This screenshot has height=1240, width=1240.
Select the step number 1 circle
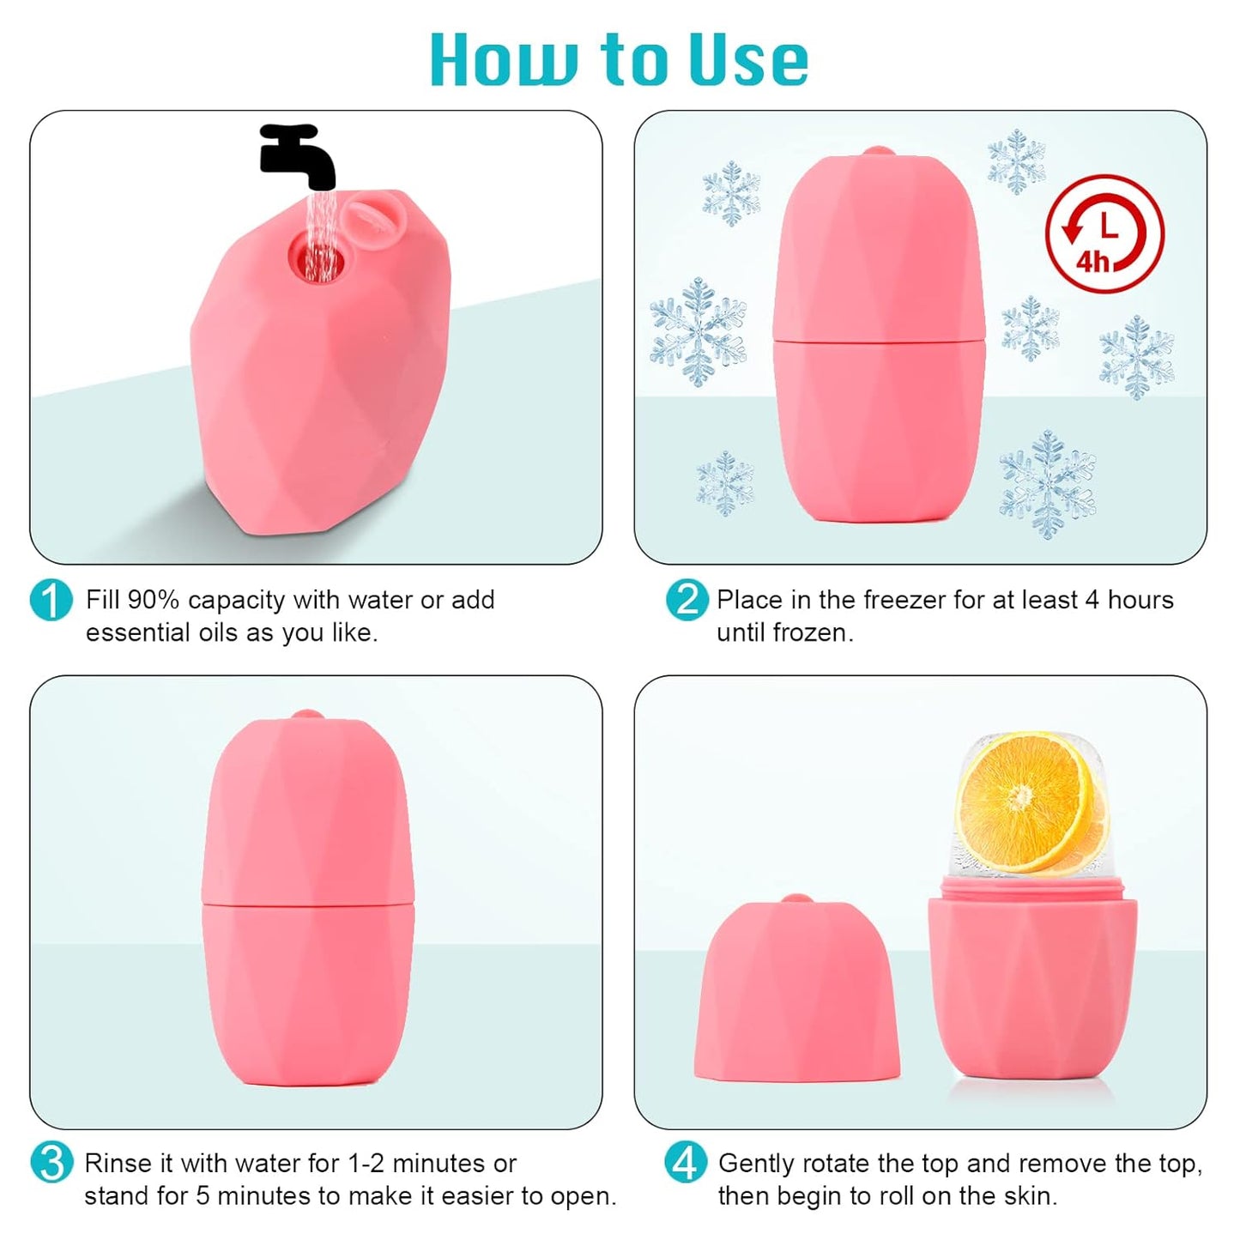point(50,600)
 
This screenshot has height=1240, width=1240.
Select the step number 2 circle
point(687,600)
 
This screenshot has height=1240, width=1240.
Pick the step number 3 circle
point(51,1164)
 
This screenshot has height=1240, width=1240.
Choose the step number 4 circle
point(686,1164)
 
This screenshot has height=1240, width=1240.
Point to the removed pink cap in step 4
point(796,987)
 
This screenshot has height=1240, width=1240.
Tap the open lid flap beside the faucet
point(370,219)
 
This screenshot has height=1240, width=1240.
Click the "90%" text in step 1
point(153,600)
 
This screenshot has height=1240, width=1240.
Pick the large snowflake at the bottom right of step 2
point(1047,486)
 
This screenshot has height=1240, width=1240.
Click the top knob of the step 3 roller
point(303,715)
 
